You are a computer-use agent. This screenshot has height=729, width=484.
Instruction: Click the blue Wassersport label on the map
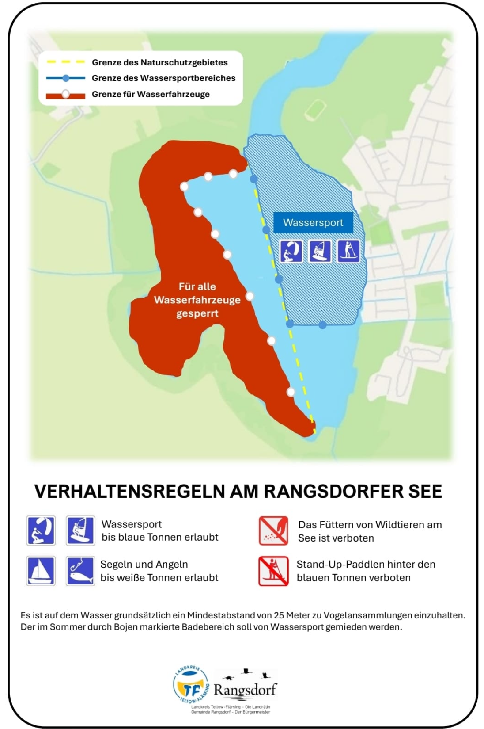(313, 222)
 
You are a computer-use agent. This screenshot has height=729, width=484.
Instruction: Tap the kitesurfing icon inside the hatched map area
(291, 251)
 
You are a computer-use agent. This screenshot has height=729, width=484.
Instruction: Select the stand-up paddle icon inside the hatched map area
(348, 251)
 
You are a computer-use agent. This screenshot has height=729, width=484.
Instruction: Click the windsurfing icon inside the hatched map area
(320, 251)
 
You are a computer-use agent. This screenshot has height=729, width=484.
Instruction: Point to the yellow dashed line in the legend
(65, 62)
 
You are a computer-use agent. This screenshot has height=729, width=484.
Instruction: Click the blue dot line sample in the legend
(65, 78)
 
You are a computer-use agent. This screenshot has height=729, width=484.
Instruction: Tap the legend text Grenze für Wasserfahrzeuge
(151, 94)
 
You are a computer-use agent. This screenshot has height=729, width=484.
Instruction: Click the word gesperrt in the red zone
(197, 313)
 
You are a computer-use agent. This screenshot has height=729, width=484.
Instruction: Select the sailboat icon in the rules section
(41, 571)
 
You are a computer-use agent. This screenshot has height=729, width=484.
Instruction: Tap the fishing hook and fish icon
(80, 571)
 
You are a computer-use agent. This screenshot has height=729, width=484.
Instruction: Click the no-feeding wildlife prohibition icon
(273, 531)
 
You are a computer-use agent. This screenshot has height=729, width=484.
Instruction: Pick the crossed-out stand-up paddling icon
(273, 571)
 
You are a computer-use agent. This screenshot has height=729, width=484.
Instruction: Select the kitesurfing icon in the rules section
(41, 531)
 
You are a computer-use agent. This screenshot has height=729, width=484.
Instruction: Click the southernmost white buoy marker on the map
(291, 392)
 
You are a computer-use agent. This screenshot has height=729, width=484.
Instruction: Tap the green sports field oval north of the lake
(315, 109)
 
